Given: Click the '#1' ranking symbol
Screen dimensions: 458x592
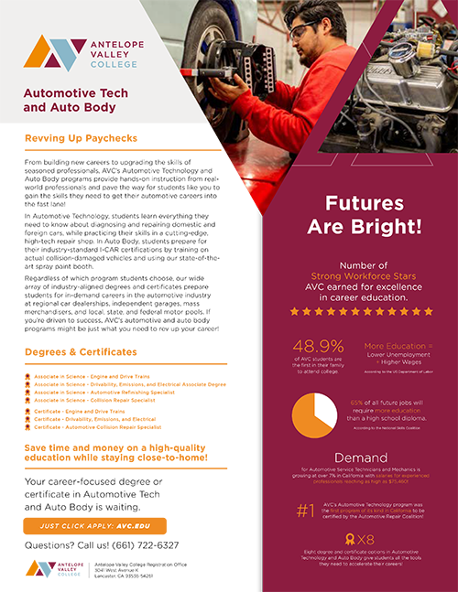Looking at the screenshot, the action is click(306, 511).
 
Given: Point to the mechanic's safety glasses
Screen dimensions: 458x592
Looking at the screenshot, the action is click(305, 32).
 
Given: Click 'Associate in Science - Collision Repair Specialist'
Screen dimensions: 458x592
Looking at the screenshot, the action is click(96, 400).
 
